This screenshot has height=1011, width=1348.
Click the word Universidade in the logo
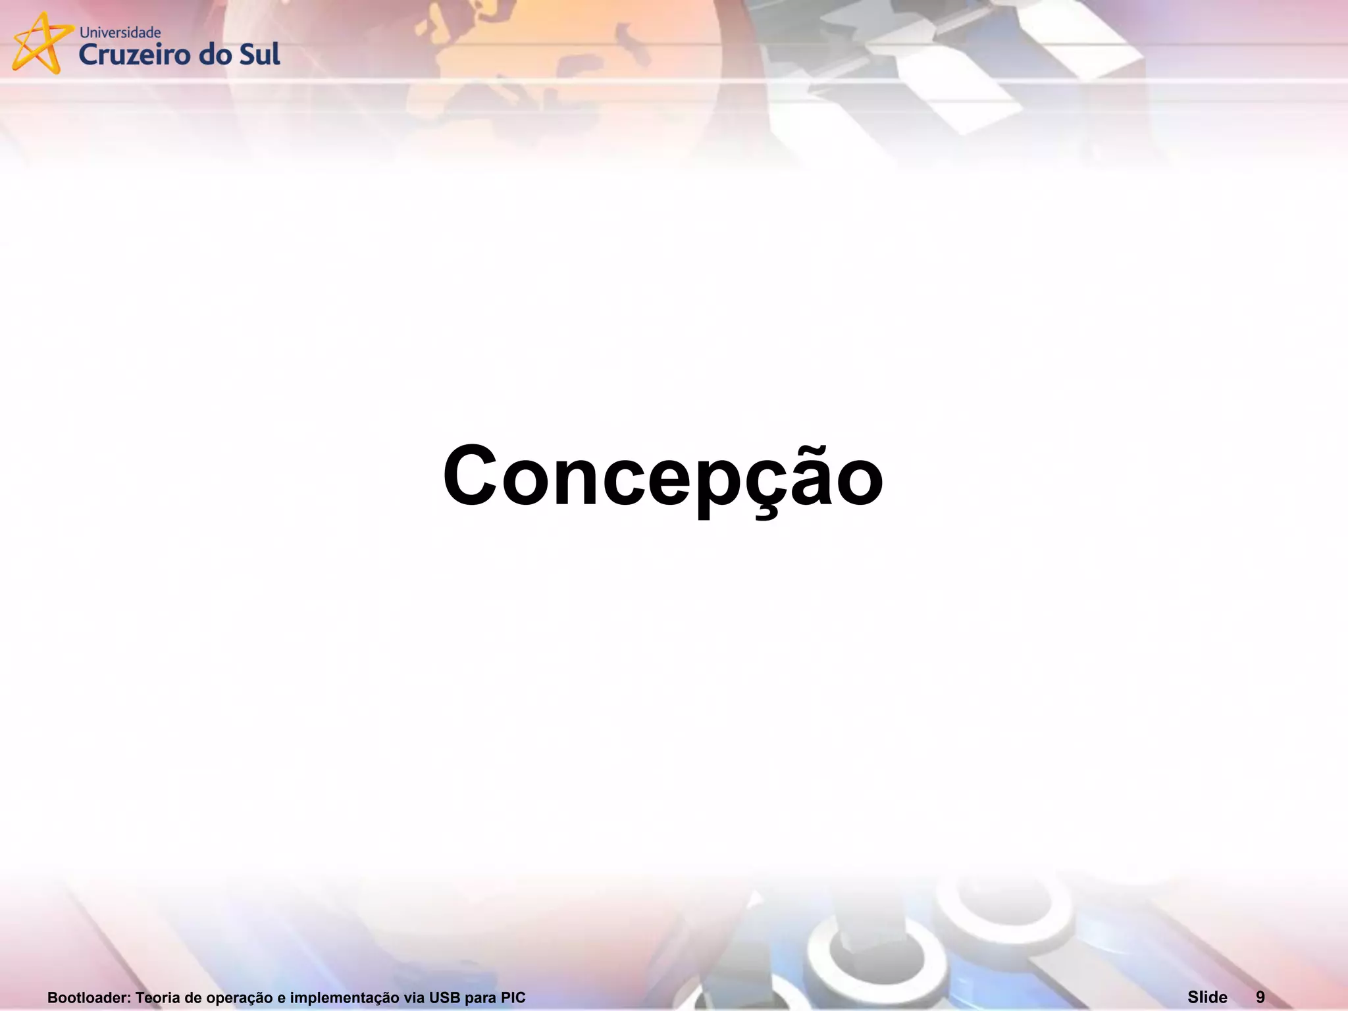pos(120,32)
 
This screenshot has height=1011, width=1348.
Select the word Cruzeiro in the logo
pos(134,55)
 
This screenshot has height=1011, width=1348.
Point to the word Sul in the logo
pos(259,54)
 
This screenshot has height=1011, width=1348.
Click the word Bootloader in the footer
pos(89,998)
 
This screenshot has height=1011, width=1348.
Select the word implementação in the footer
pos(344,998)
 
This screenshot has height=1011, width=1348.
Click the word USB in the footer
pos(444,998)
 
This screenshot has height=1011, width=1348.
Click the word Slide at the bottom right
pos(1207,997)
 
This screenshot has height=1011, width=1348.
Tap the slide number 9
pos(1260,997)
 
